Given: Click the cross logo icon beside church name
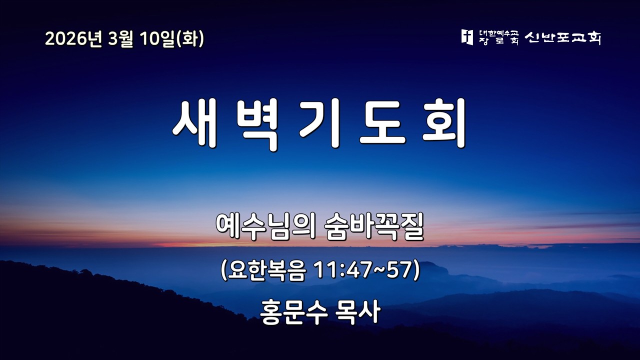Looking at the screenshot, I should click(467, 37).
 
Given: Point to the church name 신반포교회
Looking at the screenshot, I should click(562, 37).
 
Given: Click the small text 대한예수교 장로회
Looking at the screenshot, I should click(498, 37).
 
